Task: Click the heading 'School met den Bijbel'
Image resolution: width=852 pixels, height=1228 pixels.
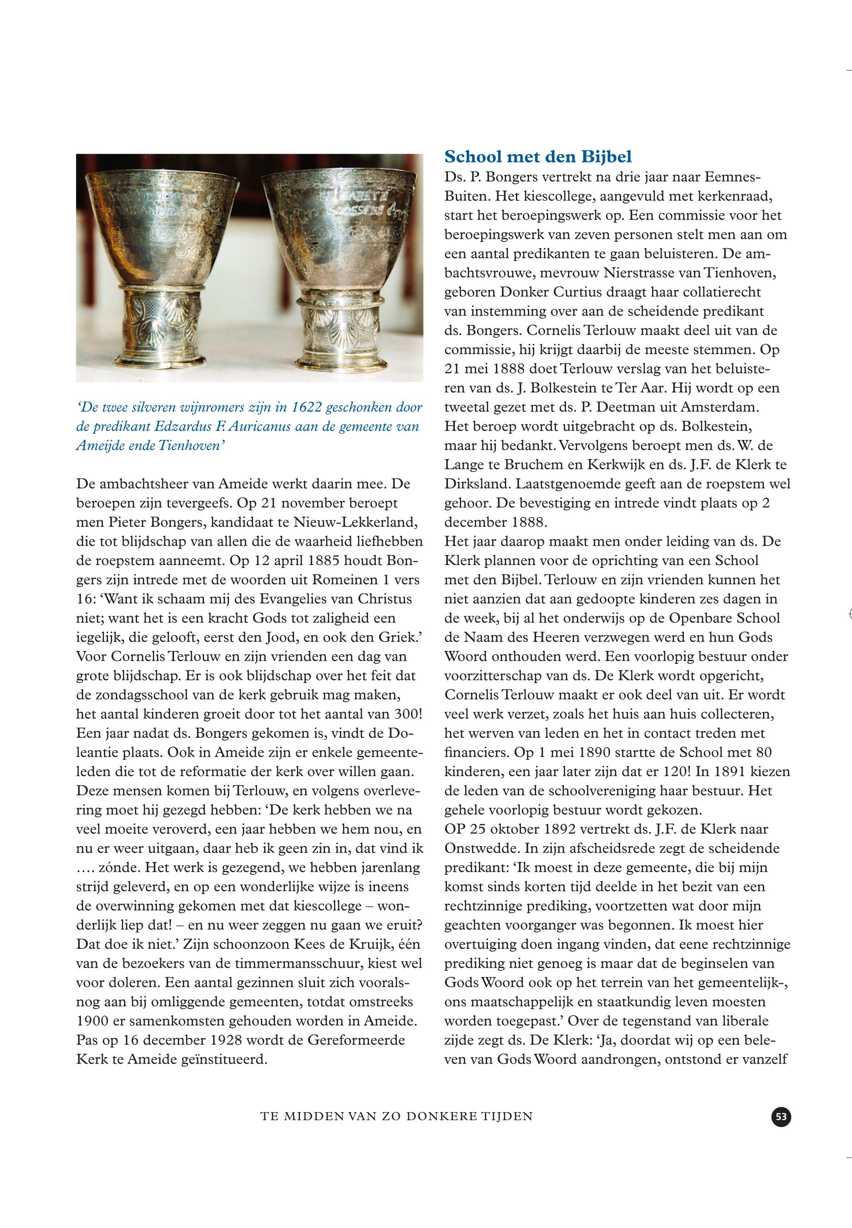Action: (x=538, y=157)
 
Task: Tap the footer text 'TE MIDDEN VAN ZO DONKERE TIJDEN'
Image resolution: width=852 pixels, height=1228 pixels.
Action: (x=397, y=1116)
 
